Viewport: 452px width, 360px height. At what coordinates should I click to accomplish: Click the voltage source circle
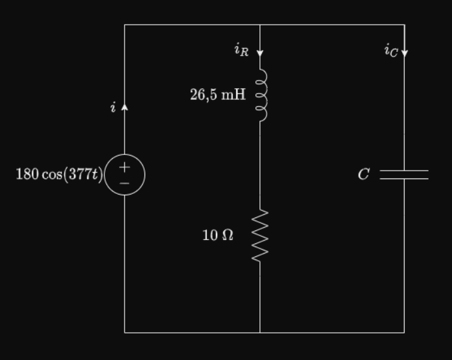(125, 174)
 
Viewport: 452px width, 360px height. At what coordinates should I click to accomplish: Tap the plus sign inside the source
(125, 167)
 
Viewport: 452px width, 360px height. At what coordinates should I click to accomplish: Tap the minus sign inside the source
(125, 184)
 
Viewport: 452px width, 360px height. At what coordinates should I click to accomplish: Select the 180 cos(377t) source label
(59, 174)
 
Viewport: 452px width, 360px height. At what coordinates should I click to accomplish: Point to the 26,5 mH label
(218, 95)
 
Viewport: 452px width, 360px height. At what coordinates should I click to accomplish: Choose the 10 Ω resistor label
(218, 235)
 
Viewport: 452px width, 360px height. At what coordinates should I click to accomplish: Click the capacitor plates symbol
(404, 174)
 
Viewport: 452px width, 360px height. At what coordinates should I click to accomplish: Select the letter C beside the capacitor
(364, 174)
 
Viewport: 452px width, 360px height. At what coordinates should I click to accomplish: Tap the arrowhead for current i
(125, 106)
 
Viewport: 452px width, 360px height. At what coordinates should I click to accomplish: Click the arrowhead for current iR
(260, 53)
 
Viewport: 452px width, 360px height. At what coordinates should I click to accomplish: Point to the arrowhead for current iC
(405, 53)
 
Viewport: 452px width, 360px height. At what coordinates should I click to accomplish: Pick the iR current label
(241, 50)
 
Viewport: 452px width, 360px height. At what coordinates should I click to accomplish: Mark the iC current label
(390, 50)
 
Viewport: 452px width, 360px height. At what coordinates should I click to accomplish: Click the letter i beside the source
(113, 108)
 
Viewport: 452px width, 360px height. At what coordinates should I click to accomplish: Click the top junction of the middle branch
(260, 25)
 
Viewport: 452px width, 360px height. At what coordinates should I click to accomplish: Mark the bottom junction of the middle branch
(260, 332)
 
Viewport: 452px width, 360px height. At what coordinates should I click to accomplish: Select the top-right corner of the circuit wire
(405, 25)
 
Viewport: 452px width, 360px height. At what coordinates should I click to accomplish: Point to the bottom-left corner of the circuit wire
(125, 332)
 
